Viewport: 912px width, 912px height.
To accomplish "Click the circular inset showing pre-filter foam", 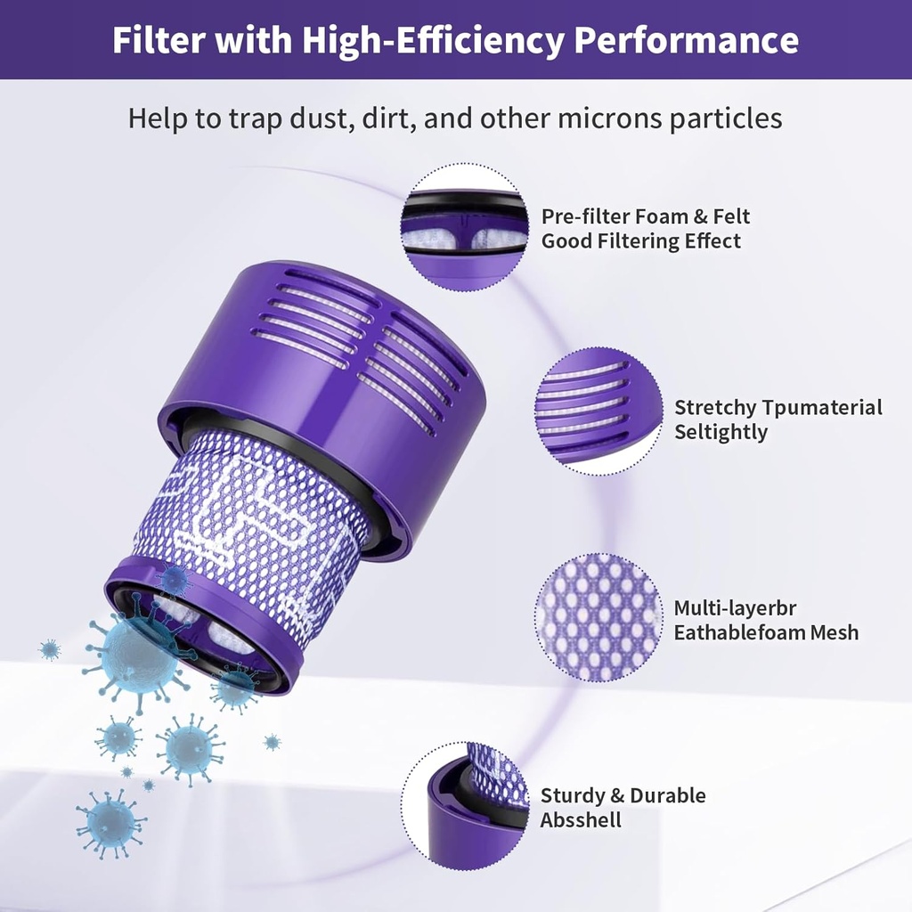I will pos(464,225).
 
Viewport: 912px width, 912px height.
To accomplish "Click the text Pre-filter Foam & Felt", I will pos(646,216).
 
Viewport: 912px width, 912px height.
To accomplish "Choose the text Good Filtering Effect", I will pos(641,240).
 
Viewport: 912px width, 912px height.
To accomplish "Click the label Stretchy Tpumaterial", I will pos(778,408).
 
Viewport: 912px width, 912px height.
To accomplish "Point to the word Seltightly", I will pos(721,433).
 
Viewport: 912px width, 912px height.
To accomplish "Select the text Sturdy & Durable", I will pos(623,795).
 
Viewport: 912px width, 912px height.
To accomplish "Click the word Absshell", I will pos(581,820).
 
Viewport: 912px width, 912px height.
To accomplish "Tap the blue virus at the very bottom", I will pos(110,824).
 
